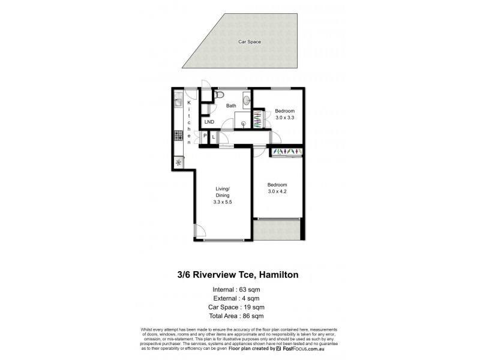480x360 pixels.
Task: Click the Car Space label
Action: [x=250, y=42]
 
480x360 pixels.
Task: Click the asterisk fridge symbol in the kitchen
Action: [x=178, y=162]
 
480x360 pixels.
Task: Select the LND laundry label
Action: [x=209, y=122]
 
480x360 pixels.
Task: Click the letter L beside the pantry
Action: [x=214, y=137]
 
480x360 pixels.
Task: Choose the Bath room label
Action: [x=231, y=106]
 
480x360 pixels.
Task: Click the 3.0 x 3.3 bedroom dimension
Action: [x=285, y=118]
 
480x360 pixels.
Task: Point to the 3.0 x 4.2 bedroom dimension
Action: [x=278, y=191]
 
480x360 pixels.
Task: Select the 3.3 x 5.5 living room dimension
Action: [x=222, y=202]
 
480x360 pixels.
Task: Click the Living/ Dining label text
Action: [x=223, y=192]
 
